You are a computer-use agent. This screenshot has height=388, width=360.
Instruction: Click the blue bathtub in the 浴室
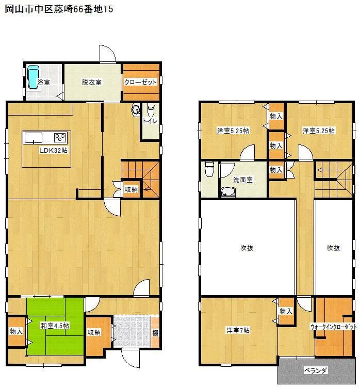click(x=33, y=77)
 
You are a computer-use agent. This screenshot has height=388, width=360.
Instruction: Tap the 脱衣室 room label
click(x=92, y=82)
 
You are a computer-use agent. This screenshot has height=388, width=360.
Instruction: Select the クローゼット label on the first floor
click(x=140, y=82)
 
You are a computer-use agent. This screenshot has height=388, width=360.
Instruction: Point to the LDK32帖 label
click(x=54, y=150)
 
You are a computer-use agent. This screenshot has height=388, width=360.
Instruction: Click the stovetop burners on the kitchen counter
click(x=60, y=138)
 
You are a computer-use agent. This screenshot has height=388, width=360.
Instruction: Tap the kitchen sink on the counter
click(x=34, y=138)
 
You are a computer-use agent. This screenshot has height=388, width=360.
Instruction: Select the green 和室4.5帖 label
click(x=55, y=326)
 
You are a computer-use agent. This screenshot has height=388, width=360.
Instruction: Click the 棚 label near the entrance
click(x=155, y=333)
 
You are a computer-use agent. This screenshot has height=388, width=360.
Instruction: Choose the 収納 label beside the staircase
click(x=131, y=189)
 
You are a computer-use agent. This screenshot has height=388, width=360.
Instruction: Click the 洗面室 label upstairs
click(x=243, y=180)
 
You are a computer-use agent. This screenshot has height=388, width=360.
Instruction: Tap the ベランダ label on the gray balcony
click(x=316, y=370)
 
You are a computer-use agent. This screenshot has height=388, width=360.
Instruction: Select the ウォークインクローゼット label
click(x=334, y=327)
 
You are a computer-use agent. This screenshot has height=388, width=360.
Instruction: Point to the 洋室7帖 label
click(x=238, y=330)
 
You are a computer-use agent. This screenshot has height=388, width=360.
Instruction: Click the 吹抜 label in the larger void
click(x=247, y=248)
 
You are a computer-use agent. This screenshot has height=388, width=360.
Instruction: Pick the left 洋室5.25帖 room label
click(x=233, y=131)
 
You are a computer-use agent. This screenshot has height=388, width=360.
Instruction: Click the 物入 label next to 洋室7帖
click(x=286, y=311)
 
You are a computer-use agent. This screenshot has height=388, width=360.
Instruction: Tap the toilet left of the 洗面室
click(x=209, y=169)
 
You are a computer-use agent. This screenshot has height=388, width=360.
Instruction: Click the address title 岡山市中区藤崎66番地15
click(x=59, y=9)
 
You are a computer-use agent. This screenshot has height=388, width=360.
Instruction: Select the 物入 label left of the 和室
click(x=17, y=331)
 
